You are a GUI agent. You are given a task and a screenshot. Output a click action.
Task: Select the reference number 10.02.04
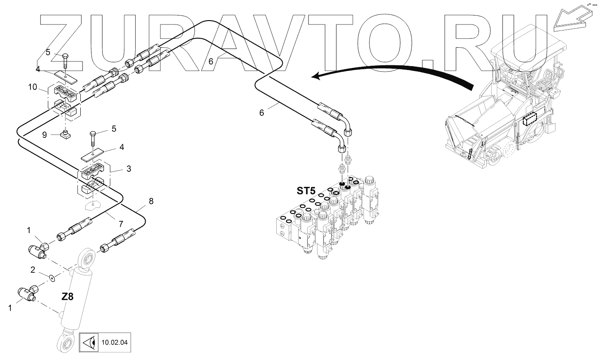point(114,343)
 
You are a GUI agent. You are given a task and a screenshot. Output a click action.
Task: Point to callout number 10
point(33,87)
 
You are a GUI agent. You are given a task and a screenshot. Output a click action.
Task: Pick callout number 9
point(45,135)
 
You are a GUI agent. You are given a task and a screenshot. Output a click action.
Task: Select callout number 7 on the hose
point(121,224)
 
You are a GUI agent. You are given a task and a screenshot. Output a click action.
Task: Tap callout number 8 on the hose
point(151,201)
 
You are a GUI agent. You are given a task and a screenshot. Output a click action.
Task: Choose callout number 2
point(33,270)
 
